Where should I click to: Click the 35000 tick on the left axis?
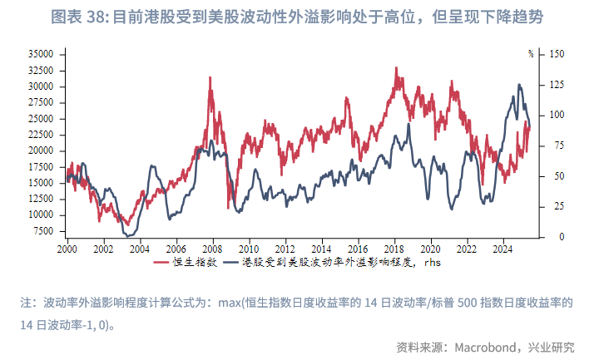(x=41, y=53)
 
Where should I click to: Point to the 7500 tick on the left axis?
(x=43, y=230)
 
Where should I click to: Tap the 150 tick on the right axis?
(x=558, y=53)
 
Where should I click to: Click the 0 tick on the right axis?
(x=551, y=237)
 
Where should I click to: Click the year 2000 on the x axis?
(x=67, y=249)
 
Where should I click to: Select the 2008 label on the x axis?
(x=211, y=249)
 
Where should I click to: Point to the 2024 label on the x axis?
(x=502, y=249)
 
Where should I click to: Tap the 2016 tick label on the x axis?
(x=357, y=249)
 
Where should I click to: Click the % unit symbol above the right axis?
(x=531, y=54)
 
